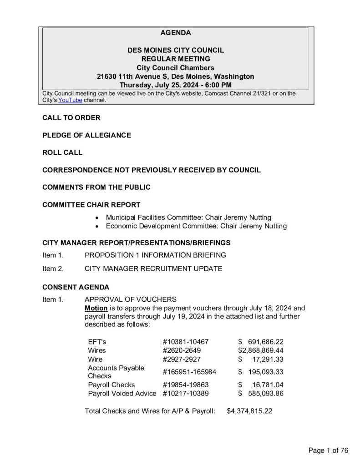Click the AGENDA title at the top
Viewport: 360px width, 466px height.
(x=175, y=33)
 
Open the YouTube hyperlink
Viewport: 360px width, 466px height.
(x=70, y=100)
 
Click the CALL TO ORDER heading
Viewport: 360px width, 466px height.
(x=71, y=118)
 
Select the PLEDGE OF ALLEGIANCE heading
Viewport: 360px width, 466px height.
(x=86, y=135)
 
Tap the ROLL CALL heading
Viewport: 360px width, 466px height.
(x=62, y=152)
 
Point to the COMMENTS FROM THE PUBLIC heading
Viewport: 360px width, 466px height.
(x=96, y=187)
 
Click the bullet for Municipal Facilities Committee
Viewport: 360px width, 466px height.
(x=98, y=218)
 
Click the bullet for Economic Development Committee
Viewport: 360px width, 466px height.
(x=98, y=226)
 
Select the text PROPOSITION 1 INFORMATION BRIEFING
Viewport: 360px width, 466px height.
(x=155, y=255)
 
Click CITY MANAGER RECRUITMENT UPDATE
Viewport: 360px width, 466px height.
(x=153, y=268)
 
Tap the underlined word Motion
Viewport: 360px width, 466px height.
(x=96, y=308)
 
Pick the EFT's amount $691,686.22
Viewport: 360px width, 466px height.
(x=261, y=341)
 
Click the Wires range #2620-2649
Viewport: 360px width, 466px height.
(x=182, y=350)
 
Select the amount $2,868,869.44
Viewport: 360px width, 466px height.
(x=261, y=350)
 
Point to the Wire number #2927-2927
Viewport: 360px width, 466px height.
(x=182, y=359)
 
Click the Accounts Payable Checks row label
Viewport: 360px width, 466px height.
(x=116, y=372)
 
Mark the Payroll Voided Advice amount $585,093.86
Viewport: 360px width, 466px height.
(x=261, y=393)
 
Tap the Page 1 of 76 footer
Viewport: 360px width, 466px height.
(x=328, y=451)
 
